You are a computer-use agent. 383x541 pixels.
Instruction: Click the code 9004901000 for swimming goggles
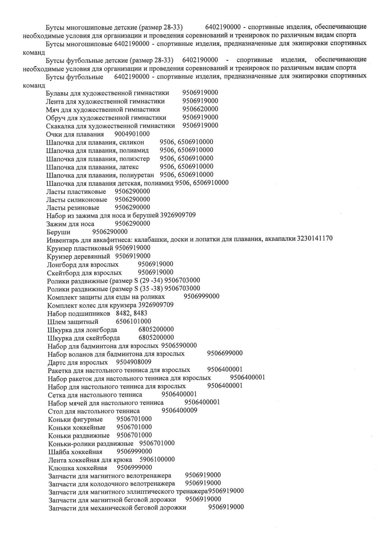132,134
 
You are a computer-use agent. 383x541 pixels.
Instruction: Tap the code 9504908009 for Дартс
134,362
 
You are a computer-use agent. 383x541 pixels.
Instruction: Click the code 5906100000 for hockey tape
157,459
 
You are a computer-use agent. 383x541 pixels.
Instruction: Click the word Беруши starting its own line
58,232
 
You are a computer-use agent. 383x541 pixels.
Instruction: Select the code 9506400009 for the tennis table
179,410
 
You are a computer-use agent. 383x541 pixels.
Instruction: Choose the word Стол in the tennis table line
55,411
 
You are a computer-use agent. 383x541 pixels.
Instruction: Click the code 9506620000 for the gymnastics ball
200,109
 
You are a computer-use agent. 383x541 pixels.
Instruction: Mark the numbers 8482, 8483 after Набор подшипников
131,313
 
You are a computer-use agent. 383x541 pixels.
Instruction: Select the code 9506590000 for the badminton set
179,346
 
